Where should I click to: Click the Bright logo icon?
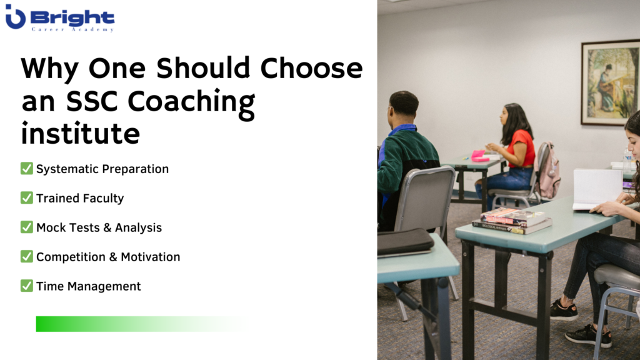pos(15,17)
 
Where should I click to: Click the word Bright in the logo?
pos(72,18)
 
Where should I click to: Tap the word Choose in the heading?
pos(311,67)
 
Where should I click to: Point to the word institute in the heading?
pos(81,133)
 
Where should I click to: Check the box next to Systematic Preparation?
pos(26,168)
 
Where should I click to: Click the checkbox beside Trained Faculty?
pos(26,197)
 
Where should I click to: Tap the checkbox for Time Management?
pos(26,286)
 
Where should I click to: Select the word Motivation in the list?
pos(150,257)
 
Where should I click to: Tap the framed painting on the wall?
pos(611,82)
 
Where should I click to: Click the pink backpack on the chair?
pos(547,171)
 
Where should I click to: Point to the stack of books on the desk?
pos(512,221)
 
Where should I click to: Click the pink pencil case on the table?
pos(479,156)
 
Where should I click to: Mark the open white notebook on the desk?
pos(597,189)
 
